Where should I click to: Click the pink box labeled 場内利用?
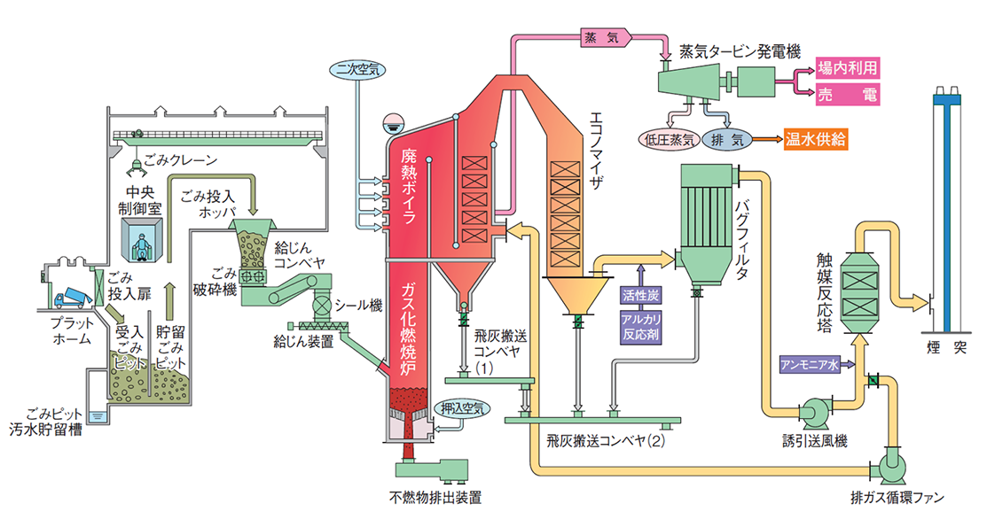(x=847, y=66)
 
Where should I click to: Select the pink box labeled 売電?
(x=847, y=94)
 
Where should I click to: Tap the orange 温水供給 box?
(x=814, y=139)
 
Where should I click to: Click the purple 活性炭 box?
(x=638, y=293)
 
